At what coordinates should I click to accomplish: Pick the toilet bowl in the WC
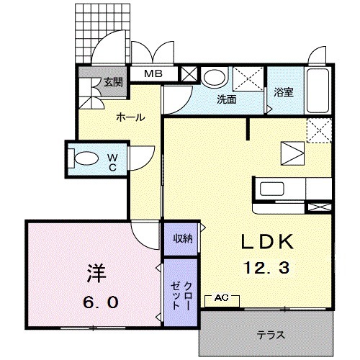click(x=87, y=158)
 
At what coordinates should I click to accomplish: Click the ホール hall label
click(x=130, y=117)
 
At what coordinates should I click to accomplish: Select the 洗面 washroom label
click(x=227, y=100)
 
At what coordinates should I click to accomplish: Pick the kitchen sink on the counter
click(x=274, y=190)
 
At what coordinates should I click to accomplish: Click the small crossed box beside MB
click(x=189, y=73)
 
